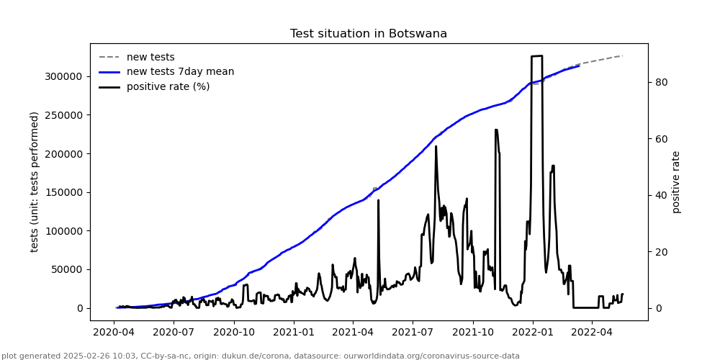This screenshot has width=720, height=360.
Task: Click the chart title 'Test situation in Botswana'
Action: pos(369,34)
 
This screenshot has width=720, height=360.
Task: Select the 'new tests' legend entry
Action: pos(150,58)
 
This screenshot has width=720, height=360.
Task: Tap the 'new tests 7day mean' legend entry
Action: pos(180,72)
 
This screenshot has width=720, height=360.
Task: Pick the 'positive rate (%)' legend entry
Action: pos(168,87)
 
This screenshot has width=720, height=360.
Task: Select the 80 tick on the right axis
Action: pos(661,82)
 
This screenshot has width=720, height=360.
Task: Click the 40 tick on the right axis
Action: pos(661,195)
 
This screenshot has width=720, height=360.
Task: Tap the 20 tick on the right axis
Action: pos(661,252)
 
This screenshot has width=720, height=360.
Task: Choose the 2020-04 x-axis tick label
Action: pos(114,333)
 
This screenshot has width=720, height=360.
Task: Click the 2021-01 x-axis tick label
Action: pos(294,333)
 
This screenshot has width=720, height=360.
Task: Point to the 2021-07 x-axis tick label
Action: pos(412,333)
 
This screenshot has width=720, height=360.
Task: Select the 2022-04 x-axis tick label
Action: pos(592,333)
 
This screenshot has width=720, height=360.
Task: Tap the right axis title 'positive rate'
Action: pos(676,181)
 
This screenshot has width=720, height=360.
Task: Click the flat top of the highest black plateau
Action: pos(536,56)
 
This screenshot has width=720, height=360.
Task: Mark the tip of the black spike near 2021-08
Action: pos(436,147)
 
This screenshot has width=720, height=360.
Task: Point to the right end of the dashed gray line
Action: pos(622,55)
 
